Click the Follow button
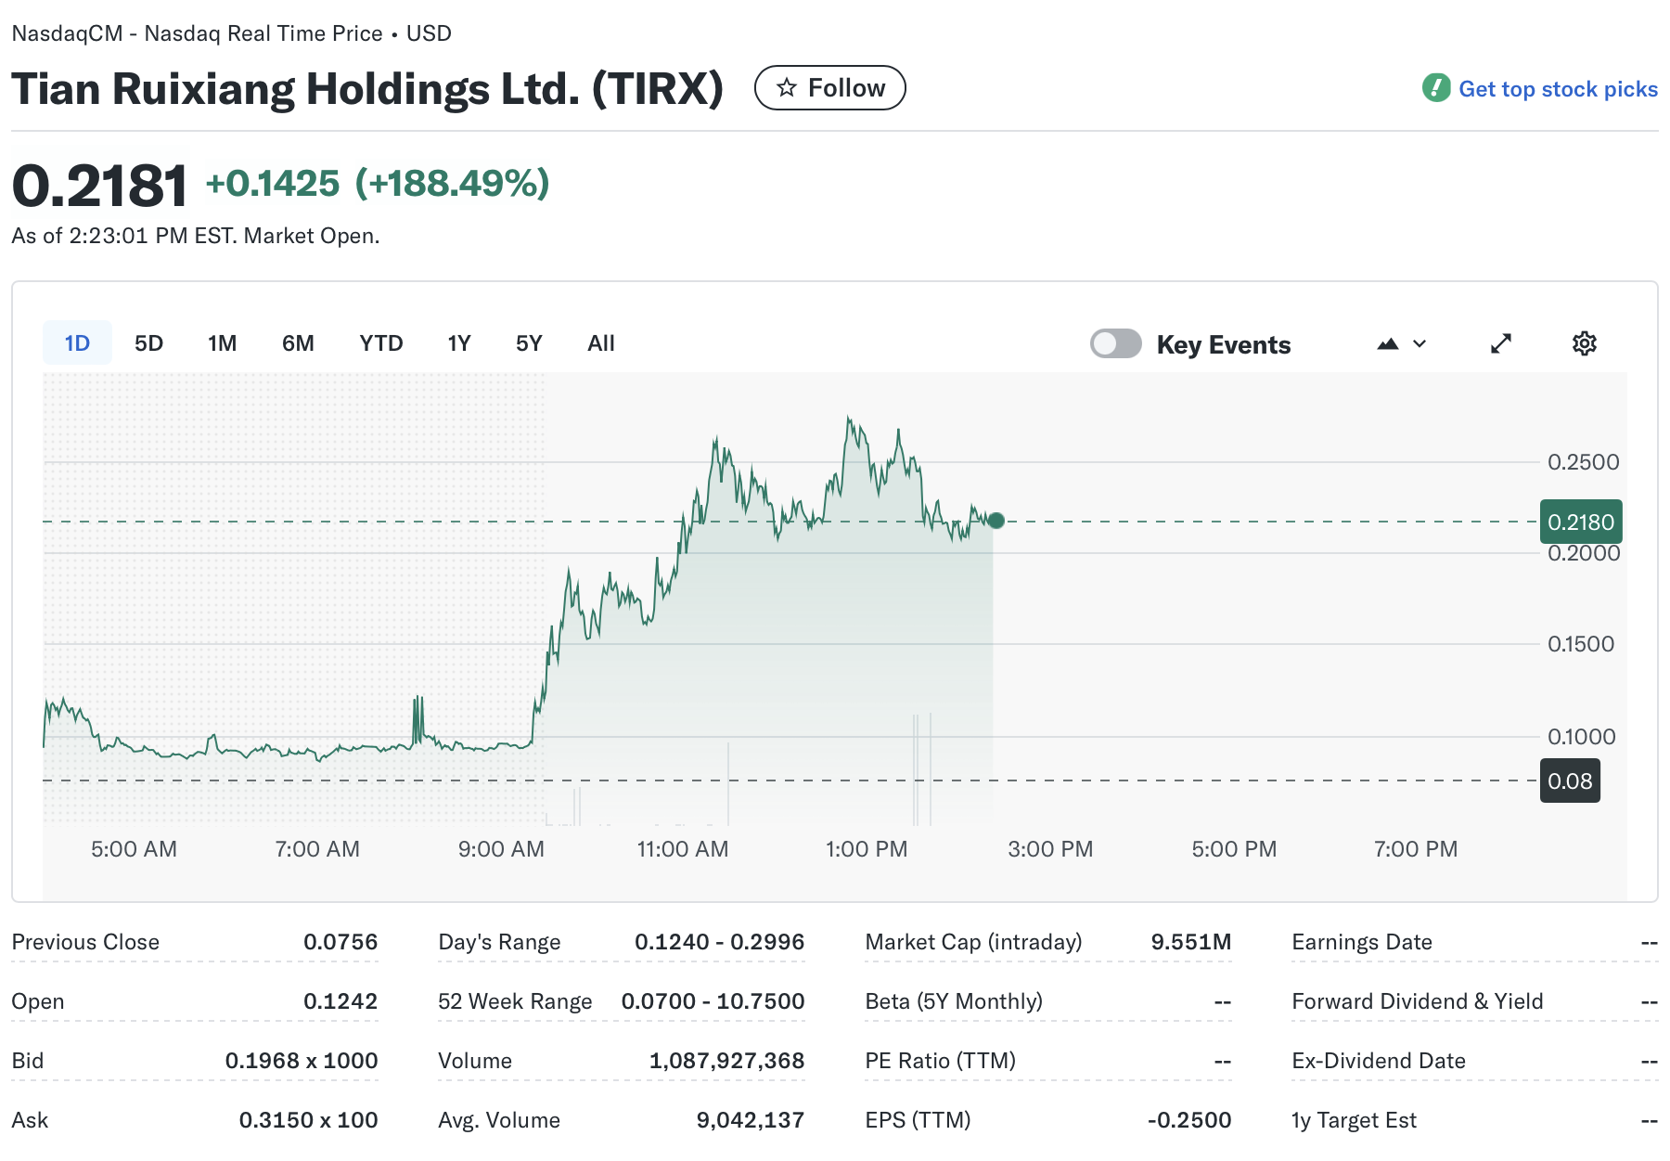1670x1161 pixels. click(829, 88)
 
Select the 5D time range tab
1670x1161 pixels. click(148, 343)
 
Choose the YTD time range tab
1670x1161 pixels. click(380, 343)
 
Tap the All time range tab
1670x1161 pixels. click(600, 343)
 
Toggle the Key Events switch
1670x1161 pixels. click(1115, 343)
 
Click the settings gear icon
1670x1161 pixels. click(1584, 343)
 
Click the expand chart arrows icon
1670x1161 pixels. click(1500, 343)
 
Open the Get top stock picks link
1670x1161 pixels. click(1557, 89)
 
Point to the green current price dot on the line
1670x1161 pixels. click(996, 521)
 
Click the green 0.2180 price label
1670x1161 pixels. click(1580, 522)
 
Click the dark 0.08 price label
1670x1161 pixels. click(1569, 780)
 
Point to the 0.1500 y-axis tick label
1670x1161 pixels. click(1580, 644)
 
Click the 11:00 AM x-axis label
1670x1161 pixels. click(682, 849)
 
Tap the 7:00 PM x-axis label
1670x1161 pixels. click(1415, 849)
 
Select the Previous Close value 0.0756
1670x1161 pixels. click(340, 942)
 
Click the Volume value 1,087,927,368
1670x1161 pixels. click(726, 1061)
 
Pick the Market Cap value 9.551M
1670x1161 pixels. click(1190, 942)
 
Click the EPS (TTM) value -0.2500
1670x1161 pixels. click(1188, 1120)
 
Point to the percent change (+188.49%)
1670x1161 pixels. click(452, 184)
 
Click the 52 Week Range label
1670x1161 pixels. click(514, 1001)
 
